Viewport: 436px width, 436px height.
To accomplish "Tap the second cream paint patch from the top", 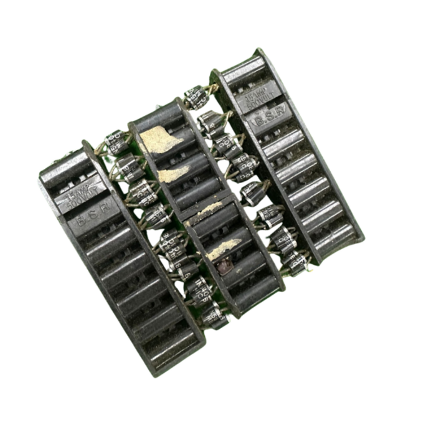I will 173,174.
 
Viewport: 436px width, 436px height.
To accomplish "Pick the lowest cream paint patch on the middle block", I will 223,247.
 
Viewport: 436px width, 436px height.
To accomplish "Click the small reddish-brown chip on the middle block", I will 222,267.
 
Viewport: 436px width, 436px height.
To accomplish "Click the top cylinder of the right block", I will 244,73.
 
